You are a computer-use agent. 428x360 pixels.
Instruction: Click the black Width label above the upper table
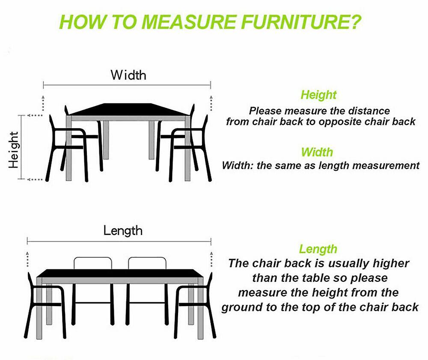click(128, 75)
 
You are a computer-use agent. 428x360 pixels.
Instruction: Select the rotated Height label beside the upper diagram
click(14, 150)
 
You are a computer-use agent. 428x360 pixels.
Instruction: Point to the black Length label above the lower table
click(123, 231)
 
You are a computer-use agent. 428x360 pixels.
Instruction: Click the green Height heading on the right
click(318, 94)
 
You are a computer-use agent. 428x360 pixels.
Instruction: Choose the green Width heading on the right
click(317, 152)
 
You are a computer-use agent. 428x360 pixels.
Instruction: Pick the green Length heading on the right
click(318, 249)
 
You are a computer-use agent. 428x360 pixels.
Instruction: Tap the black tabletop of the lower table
click(120, 273)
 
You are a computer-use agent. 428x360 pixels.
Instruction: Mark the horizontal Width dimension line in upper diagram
click(127, 85)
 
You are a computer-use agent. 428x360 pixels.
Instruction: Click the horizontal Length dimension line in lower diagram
click(119, 242)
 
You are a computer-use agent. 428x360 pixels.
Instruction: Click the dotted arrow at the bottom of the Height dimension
click(35, 180)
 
